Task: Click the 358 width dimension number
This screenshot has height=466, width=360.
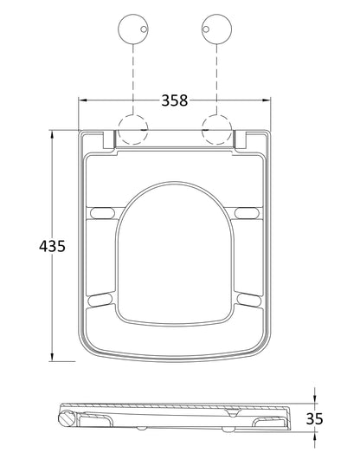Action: point(177,100)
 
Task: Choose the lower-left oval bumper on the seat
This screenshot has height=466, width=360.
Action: point(101,299)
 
